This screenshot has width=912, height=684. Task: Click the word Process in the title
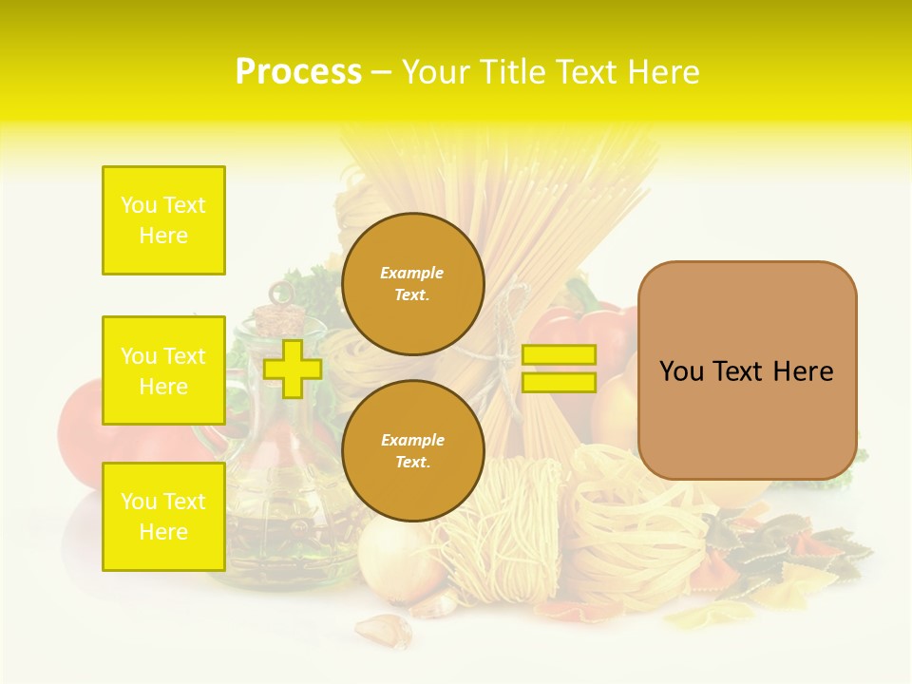click(x=298, y=72)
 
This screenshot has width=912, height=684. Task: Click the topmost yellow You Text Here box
click(x=163, y=220)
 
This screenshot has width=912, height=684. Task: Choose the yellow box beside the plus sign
click(x=163, y=370)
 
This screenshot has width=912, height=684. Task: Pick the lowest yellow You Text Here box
click(x=163, y=517)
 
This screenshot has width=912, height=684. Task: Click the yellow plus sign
click(x=292, y=369)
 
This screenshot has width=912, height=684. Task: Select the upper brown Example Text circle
click(x=412, y=284)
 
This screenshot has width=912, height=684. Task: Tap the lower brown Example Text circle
click(x=412, y=451)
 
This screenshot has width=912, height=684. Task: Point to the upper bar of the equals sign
click(x=559, y=354)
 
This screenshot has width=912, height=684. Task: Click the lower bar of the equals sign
click(x=559, y=383)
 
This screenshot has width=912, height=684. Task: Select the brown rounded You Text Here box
click(x=747, y=370)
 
